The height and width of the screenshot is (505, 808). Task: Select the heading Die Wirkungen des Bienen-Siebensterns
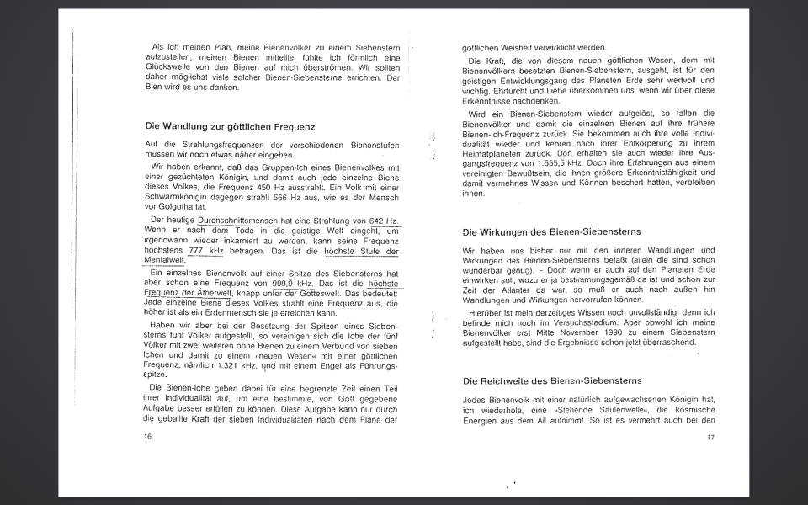coord(551,231)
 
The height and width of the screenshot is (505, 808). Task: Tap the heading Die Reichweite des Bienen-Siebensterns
coord(552,381)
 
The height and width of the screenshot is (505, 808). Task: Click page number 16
coord(148,437)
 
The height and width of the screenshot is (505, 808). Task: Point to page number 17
coord(710,437)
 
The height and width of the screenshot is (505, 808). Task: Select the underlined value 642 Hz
coord(383,221)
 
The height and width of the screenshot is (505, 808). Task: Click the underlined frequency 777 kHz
coord(206,251)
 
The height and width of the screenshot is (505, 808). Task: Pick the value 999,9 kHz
coord(292,284)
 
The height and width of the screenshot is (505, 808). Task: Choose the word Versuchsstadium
coord(563,322)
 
